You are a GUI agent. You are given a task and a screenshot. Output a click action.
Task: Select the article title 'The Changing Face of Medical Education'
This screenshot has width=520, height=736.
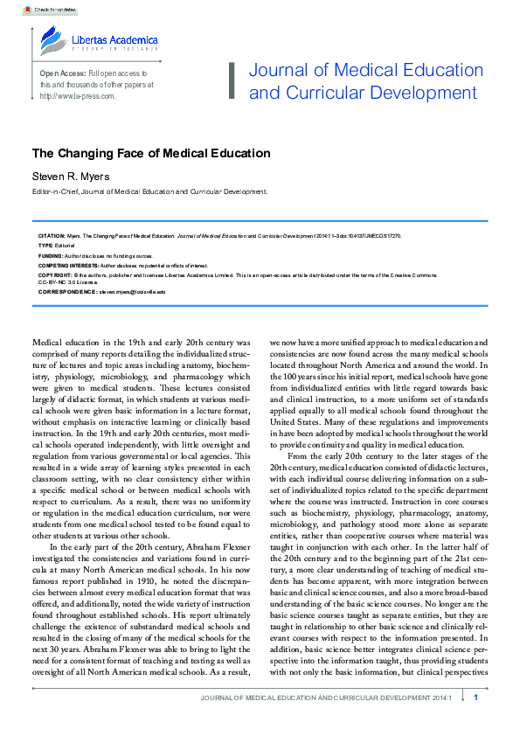coord(150,153)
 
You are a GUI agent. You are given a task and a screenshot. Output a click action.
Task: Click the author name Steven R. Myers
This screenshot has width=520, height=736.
coord(73,177)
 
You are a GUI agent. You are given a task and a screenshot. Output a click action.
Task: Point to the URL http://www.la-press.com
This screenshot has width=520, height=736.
coord(77,96)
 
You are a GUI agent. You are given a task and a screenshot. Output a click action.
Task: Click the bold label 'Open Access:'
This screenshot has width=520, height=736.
coord(62,73)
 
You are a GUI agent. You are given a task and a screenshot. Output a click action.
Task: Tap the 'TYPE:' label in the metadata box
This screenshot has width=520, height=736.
coord(45,246)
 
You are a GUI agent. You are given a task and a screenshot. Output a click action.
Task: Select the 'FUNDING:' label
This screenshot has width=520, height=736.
coord(50,255)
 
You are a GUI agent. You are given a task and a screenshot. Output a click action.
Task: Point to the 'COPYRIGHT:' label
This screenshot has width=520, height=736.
coord(53,274)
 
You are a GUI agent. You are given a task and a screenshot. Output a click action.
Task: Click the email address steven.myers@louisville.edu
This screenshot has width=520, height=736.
coord(131,291)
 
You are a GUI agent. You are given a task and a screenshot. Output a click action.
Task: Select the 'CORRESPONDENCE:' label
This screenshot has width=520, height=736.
coord(66,291)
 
